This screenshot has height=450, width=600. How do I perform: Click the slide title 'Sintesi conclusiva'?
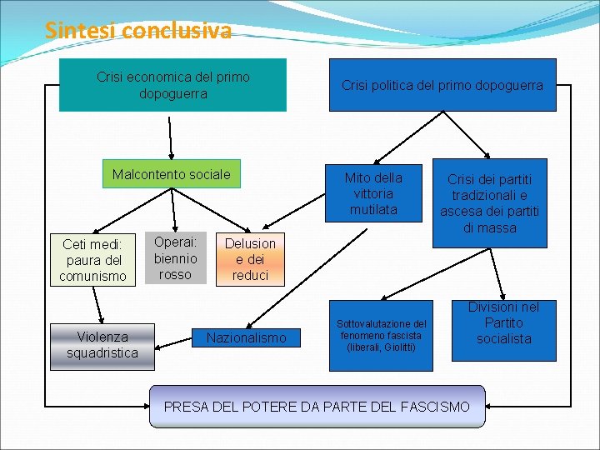pos(138,31)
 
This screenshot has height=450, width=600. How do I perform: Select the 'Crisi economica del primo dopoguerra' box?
pos(172,85)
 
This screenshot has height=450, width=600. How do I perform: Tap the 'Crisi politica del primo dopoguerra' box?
pos(442,85)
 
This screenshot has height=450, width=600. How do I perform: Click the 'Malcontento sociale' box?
pos(171,174)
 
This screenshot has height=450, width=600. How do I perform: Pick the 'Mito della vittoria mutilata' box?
pos(373,192)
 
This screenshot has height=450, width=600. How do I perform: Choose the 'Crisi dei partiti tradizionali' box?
pos(489,203)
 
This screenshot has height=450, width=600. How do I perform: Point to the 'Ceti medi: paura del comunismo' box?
pos(92,259)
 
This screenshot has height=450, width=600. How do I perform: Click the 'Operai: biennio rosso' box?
pos(175,257)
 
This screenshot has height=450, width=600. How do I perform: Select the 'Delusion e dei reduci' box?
pos(250,259)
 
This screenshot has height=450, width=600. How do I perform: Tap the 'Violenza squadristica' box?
pos(102,344)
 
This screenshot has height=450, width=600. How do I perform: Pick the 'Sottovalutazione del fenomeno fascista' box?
pos(381,334)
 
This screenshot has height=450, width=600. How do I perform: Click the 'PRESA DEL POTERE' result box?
pos(317,407)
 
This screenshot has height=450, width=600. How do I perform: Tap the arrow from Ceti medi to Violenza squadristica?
pos(98,305)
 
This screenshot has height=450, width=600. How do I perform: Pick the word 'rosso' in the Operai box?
pos(175,274)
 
